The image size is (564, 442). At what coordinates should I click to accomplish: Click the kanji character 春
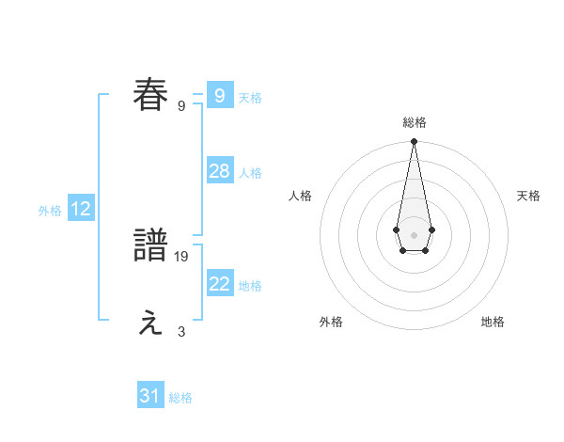[150, 95]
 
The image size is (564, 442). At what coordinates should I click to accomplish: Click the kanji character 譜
[150, 246]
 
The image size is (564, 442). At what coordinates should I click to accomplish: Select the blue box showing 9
[219, 95]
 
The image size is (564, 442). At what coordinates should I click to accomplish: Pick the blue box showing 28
[219, 171]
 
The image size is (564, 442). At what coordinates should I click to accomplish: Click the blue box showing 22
[219, 284]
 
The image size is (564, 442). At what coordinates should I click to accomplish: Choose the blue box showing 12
[81, 209]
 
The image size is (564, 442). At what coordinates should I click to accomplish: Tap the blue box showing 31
[150, 396]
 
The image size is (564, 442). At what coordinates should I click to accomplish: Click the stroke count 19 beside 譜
[181, 256]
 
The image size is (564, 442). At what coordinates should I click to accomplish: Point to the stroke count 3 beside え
[181, 331]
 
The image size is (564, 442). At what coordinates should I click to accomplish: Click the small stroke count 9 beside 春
[181, 105]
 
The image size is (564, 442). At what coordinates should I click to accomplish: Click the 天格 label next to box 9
[250, 97]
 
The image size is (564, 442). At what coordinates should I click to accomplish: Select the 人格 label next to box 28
[250, 173]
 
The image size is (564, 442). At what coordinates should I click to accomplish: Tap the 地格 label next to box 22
[250, 286]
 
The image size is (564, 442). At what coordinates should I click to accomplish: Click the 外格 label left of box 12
[50, 211]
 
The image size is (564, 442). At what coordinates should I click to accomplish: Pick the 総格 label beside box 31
[180, 398]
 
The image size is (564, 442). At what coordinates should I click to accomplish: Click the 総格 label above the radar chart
[414, 122]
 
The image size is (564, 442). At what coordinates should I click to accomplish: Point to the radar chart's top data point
[414, 141]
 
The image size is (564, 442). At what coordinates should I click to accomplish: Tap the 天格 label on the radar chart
[528, 196]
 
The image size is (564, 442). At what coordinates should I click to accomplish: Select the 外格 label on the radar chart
[331, 322]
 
